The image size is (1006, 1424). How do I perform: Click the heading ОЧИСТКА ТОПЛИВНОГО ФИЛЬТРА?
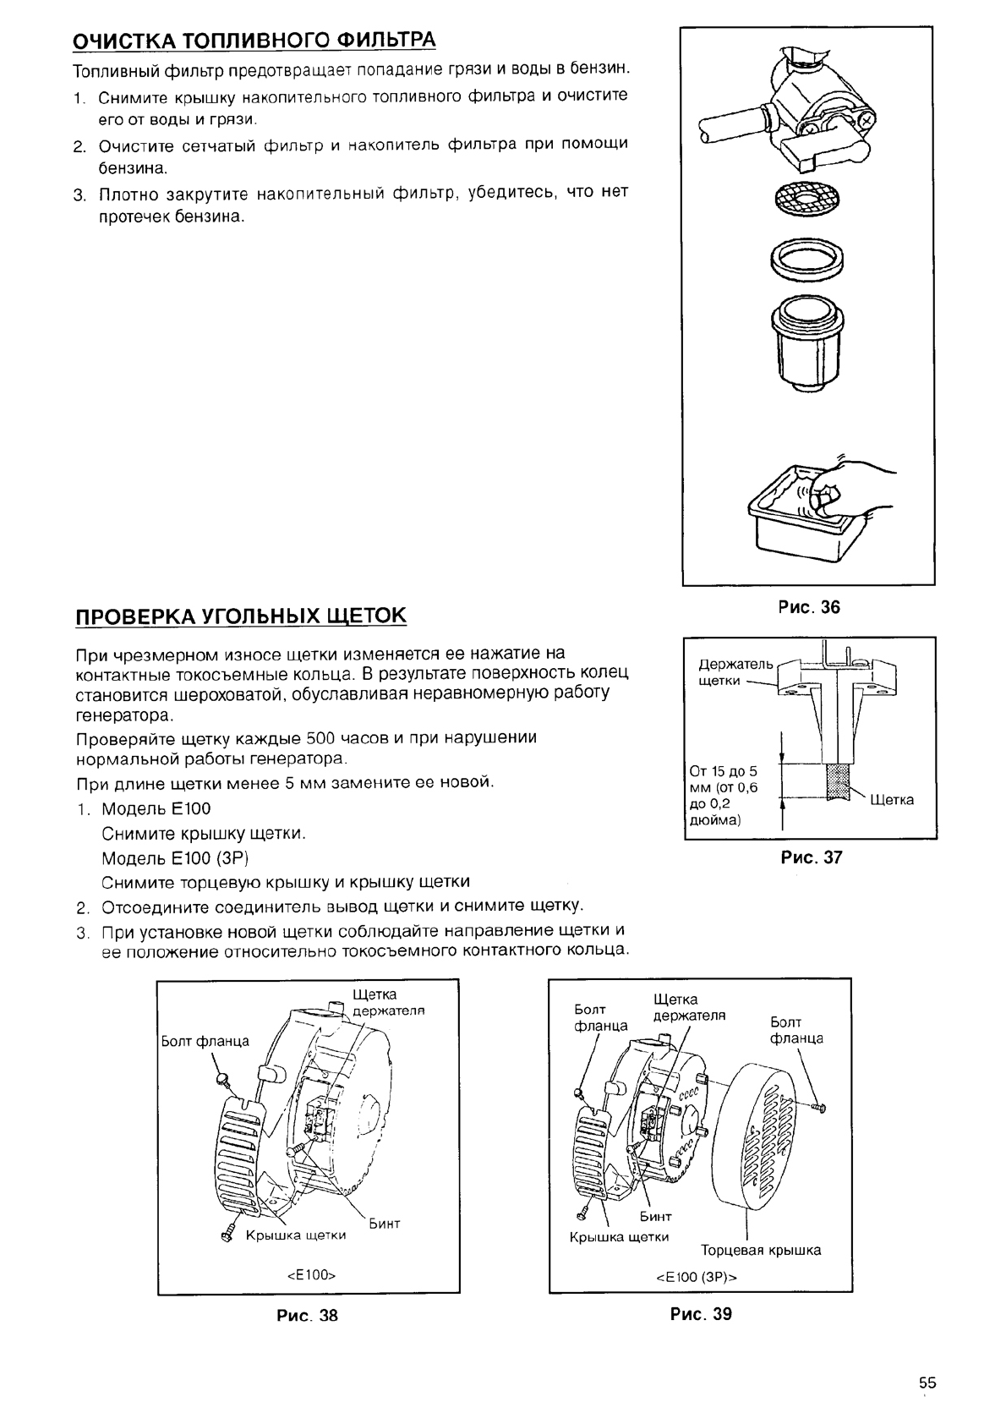click(254, 40)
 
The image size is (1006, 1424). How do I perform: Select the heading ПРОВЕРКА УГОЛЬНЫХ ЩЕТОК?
click(241, 615)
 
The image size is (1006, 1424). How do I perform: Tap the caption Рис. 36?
click(809, 607)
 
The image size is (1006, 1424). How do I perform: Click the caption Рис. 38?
click(307, 1315)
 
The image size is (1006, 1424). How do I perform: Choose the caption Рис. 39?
click(701, 1313)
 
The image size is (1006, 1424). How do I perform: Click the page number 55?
click(927, 1383)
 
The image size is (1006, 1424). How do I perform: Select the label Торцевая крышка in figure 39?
click(761, 1250)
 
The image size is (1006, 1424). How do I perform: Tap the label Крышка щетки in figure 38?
click(296, 1235)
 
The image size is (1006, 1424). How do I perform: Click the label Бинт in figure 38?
click(385, 1223)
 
